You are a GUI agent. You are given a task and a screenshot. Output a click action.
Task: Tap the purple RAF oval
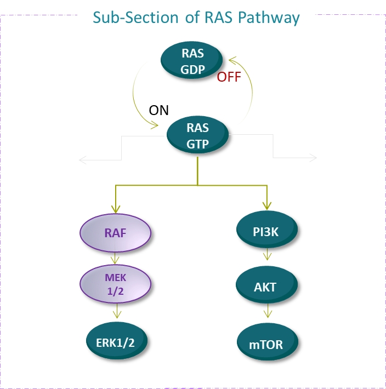coord(115,233)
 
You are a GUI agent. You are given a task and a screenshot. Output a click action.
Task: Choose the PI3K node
coord(267,232)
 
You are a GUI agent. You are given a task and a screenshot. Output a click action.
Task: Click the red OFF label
coord(229,77)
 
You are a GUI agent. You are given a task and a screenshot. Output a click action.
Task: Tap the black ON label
coord(159,110)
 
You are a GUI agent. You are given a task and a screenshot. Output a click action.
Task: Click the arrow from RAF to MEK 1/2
coord(116,258)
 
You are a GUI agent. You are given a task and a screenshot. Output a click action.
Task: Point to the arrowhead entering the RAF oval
coord(116,209)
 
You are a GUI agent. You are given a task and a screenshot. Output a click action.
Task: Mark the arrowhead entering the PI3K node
coord(267,206)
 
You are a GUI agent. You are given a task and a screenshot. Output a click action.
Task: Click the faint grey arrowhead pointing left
coord(82,160)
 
